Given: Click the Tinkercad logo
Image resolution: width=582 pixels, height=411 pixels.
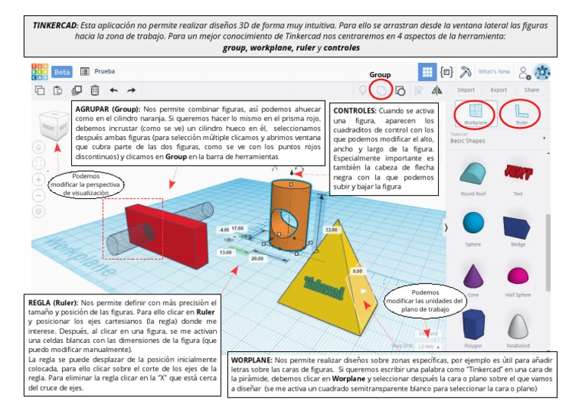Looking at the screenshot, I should [x=39, y=72].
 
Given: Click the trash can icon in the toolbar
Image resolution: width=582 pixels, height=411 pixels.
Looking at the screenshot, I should [x=95, y=90].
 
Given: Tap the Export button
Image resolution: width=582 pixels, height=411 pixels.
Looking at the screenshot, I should [x=499, y=90].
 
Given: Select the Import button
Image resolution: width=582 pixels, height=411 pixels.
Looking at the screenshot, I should [x=466, y=90].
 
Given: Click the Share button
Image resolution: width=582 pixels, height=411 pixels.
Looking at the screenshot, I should [x=532, y=90].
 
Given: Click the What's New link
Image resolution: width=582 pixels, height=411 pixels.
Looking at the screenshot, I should [x=494, y=72].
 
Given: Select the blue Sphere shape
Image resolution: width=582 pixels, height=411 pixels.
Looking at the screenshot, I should [x=473, y=223].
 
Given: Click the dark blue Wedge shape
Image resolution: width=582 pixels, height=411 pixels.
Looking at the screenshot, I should [x=518, y=225].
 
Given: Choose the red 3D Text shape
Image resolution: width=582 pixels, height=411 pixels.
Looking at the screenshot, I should [x=518, y=173].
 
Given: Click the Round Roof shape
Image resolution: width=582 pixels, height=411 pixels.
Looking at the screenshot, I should [x=473, y=173].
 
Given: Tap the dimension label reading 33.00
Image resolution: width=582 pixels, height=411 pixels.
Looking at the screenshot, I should [x=331, y=229].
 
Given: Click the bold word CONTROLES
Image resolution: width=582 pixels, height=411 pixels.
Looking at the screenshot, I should [x=355, y=111].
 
